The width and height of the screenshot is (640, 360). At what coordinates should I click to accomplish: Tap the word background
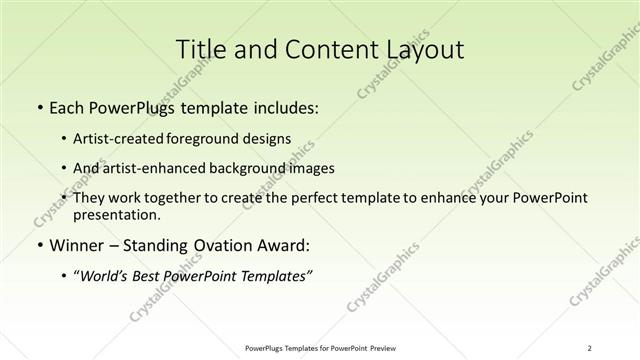coord(260,168)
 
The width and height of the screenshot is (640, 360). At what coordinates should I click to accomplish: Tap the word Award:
coord(280,245)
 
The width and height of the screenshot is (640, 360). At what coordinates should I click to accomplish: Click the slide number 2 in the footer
coord(592,348)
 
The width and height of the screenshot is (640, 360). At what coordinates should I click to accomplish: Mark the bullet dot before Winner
coord(38,245)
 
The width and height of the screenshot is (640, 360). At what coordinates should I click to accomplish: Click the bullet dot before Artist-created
coord(65,138)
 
